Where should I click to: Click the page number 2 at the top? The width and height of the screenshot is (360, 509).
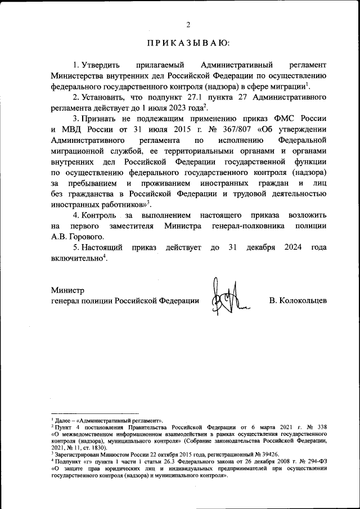pos(188,24)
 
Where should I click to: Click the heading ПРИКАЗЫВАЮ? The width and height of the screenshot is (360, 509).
pos(188,43)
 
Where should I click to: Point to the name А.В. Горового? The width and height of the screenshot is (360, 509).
pos(70,236)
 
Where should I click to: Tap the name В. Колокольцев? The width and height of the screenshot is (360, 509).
pos(298,301)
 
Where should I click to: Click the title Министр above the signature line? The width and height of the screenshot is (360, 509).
pos(67,290)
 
